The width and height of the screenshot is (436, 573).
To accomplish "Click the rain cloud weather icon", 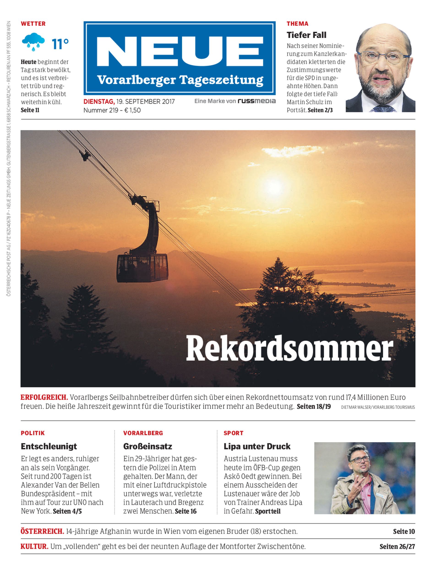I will click(33, 42).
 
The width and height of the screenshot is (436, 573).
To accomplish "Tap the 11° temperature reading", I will click(60, 44).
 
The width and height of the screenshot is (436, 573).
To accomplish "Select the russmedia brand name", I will click(257, 101).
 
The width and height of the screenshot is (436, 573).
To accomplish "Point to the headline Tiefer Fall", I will click(306, 35).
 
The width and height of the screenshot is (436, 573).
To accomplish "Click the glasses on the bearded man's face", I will click(383, 56).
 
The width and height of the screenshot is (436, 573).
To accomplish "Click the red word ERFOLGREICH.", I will click(44, 397).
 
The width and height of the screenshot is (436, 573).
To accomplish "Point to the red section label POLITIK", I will click(33, 433).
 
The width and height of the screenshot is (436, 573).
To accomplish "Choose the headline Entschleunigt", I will click(49, 446).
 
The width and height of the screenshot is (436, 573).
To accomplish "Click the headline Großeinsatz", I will click(147, 446).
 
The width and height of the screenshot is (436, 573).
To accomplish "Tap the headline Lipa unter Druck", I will click(257, 446).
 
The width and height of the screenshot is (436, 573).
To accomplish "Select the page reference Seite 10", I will click(404, 532).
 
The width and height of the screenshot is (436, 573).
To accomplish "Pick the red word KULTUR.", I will click(34, 546).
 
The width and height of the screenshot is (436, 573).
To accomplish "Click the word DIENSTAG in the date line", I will click(99, 101).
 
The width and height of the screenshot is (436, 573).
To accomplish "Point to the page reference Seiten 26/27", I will click(397, 546).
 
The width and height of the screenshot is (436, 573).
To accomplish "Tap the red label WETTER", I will click(33, 24).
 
